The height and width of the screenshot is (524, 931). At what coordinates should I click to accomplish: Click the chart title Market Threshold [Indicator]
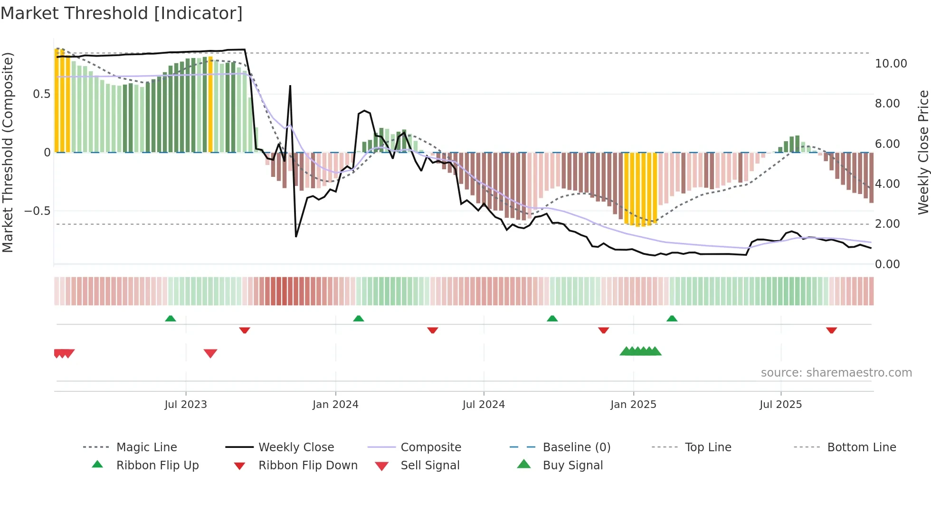coord(122,13)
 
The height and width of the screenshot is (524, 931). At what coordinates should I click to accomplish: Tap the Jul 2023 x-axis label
coord(186,405)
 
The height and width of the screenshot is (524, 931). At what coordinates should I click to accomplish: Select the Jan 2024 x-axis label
coord(335,405)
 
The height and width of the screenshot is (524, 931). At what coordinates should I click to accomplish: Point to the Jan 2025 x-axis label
coord(633,405)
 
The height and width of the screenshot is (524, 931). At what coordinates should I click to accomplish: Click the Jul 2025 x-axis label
coord(780,405)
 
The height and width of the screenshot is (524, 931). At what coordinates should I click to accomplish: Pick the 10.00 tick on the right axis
coord(891,64)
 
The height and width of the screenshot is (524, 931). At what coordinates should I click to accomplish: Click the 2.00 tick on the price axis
coord(887,224)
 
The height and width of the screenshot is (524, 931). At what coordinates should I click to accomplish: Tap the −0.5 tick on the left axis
coord(37,211)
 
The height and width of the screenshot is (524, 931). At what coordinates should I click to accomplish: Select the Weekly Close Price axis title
coord(923,152)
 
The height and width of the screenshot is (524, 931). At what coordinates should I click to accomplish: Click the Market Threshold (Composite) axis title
coord(8,152)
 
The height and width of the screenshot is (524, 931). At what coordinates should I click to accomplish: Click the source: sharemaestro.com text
coord(836,373)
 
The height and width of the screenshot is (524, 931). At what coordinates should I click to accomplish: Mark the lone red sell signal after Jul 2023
coord(210,353)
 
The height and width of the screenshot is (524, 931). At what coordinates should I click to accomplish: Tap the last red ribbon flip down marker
coord(831,330)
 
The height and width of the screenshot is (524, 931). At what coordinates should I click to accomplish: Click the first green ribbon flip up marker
coord(171,319)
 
